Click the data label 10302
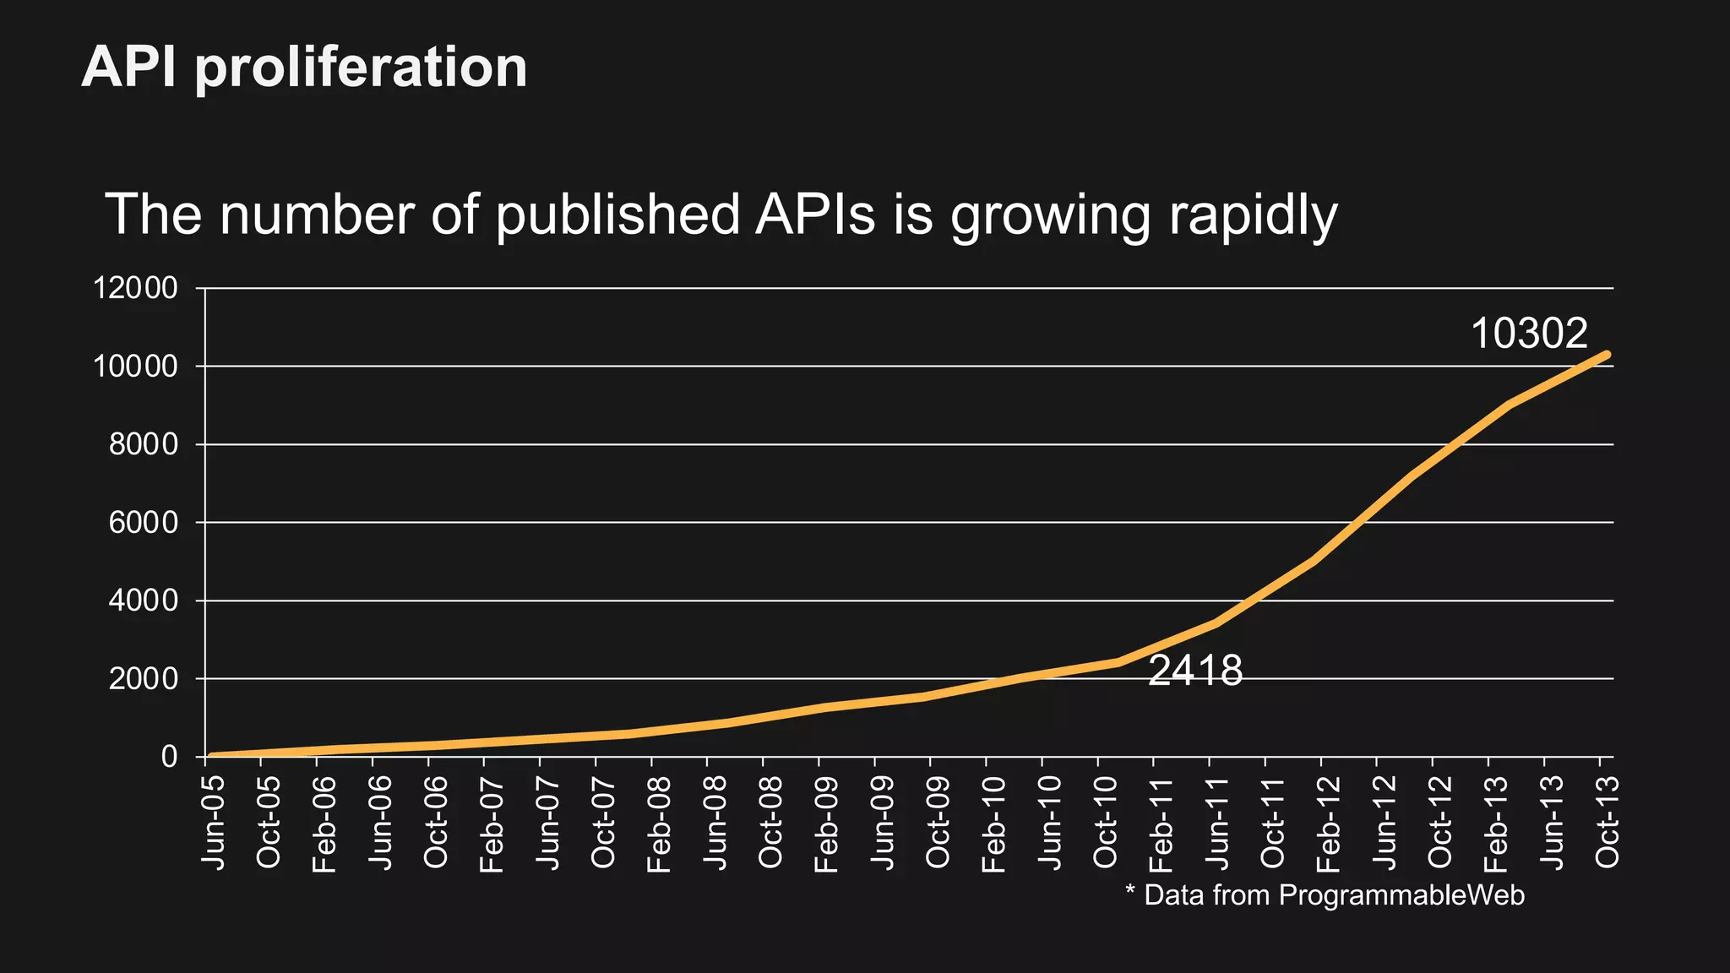(x=1529, y=334)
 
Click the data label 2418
(x=1195, y=671)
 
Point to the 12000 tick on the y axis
(x=136, y=289)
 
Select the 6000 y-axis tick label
(x=144, y=523)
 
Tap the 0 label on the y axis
(x=169, y=757)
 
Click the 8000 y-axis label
(x=144, y=445)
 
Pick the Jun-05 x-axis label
(x=213, y=822)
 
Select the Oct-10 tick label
(x=1105, y=822)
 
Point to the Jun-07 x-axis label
(x=547, y=822)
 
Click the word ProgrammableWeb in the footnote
(x=1401, y=895)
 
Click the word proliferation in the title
(x=361, y=68)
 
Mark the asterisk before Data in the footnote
(x=1130, y=891)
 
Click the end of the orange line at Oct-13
(x=1606, y=355)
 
